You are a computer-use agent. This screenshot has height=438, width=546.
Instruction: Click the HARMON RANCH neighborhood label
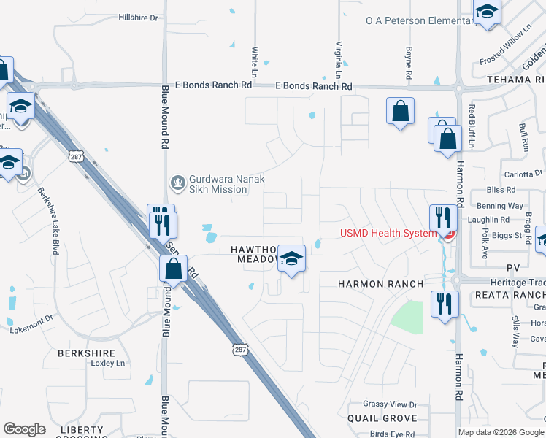(x=380, y=283)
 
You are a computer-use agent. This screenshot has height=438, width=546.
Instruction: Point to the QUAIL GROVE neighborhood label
(x=383, y=418)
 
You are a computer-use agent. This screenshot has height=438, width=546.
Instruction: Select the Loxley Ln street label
(x=109, y=363)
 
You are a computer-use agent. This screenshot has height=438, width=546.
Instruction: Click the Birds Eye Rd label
(x=393, y=433)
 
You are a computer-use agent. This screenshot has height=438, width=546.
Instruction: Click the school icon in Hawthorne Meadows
(x=291, y=258)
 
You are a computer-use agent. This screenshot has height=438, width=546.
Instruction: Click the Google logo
(x=24, y=429)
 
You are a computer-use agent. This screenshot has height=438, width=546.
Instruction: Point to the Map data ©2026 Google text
(x=501, y=432)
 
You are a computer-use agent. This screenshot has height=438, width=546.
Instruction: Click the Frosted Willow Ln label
(x=523, y=45)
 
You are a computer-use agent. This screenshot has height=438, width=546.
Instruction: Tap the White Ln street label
(x=255, y=63)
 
